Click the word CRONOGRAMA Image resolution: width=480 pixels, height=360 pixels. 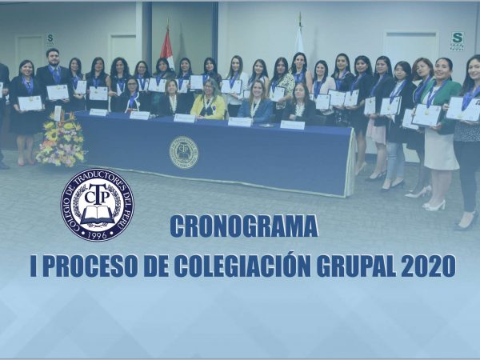tap(244, 226)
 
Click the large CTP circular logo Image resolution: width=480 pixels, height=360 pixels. tap(98, 205)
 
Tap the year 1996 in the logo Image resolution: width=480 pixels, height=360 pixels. tap(97, 234)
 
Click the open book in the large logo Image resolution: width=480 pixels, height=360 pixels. tap(98, 214)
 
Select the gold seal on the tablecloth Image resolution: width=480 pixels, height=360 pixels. tap(184, 153)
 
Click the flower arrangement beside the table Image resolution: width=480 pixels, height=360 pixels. tap(62, 140)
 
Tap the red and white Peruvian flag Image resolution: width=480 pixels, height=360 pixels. tap(167, 48)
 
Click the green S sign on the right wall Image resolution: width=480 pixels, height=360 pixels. tap(457, 41)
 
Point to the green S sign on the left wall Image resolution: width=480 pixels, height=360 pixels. tap(50, 39)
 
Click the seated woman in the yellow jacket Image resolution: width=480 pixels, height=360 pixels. tap(209, 99)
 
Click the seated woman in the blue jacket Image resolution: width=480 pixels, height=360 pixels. tap(256, 102)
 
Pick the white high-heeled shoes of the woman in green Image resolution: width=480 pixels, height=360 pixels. tap(434, 206)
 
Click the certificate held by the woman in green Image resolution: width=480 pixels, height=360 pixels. tap(427, 115)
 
